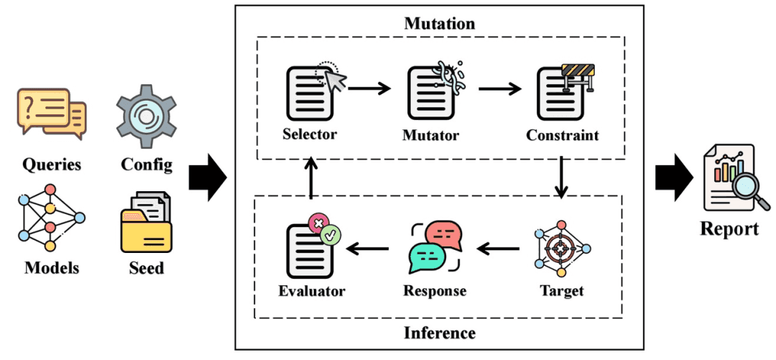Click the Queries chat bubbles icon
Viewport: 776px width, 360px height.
tap(51, 111)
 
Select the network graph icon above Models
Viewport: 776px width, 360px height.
tap(50, 218)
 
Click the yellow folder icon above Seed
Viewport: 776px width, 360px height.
tap(146, 222)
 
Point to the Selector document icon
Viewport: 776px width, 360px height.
tap(311, 92)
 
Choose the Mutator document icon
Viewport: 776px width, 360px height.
tap(432, 93)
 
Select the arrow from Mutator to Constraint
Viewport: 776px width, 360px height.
tap(500, 88)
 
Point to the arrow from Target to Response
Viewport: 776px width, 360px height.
tap(498, 249)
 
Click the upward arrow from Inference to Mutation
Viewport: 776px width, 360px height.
tap(311, 179)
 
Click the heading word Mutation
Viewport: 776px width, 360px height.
tap(439, 23)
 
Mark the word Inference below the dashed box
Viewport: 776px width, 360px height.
tap(439, 333)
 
